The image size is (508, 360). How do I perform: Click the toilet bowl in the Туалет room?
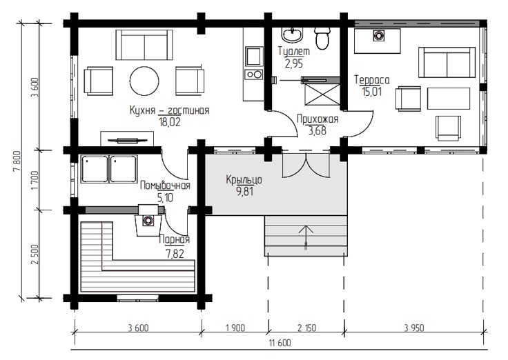click(x=322, y=38)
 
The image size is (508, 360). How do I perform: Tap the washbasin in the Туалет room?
click(x=292, y=34)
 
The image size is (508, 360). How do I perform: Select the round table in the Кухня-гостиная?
click(x=144, y=81)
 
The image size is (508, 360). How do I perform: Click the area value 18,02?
click(x=169, y=122)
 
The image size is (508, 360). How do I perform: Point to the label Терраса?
click(x=371, y=79)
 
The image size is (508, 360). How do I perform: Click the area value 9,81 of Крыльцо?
click(x=245, y=192)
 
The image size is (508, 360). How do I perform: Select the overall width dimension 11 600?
click(x=280, y=343)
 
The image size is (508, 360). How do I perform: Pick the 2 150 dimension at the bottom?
click(x=306, y=328)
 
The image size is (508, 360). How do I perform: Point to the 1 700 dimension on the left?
click(x=35, y=180)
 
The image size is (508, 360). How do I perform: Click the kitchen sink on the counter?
click(x=254, y=57)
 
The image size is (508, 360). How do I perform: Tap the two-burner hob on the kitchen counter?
click(x=254, y=74)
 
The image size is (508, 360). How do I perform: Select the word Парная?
click(x=175, y=240)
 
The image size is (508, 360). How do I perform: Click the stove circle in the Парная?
click(x=148, y=221)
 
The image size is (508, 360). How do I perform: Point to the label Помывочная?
click(x=165, y=186)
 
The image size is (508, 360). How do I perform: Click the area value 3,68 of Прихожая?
click(x=317, y=131)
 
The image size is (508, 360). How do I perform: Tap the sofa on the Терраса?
click(x=447, y=63)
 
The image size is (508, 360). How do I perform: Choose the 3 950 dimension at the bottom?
click(x=414, y=328)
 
